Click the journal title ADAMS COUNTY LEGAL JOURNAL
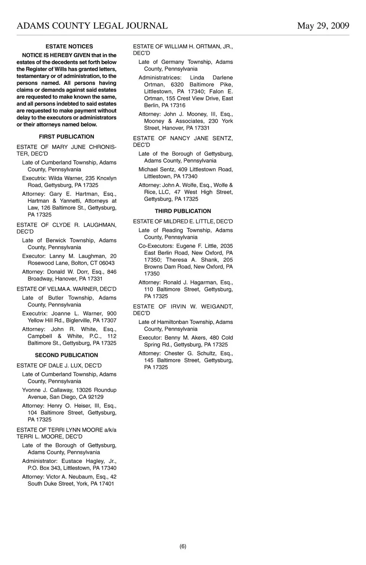92,26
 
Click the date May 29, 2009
323,26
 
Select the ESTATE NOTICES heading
69,46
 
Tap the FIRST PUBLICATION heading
66,137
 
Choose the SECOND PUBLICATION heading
66,355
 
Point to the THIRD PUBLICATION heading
183,211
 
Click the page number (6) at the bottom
183,546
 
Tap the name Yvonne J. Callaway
48,390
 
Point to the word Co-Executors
156,246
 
